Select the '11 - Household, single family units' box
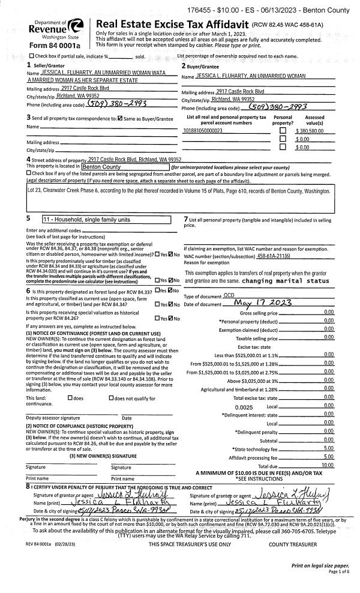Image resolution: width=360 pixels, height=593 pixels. (x=106, y=220)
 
